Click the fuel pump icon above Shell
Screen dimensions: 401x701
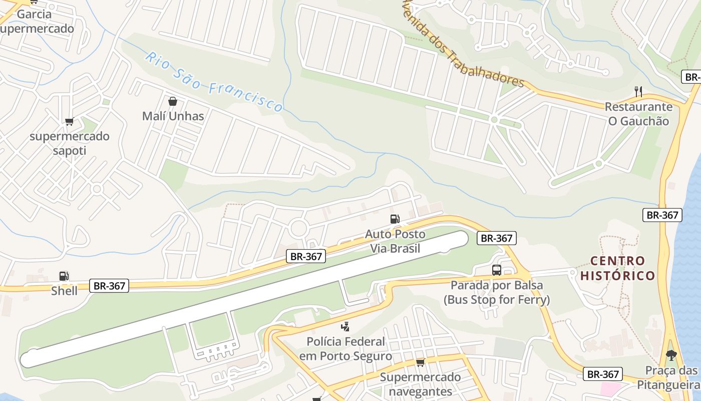click(x=64, y=276)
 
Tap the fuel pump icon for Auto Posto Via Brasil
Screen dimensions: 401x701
click(x=395, y=219)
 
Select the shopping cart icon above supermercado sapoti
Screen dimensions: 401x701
click(x=69, y=121)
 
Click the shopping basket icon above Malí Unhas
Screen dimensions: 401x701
click(x=173, y=101)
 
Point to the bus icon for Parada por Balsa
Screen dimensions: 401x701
click(x=496, y=270)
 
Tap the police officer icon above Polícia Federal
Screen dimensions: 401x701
click(x=344, y=327)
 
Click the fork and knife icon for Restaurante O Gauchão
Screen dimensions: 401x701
click(x=638, y=91)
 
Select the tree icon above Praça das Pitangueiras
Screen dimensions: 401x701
click(x=671, y=355)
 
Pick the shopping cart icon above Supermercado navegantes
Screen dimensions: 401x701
click(x=420, y=362)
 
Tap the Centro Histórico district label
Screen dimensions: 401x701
click(x=617, y=268)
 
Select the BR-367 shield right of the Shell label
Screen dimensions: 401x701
click(x=110, y=286)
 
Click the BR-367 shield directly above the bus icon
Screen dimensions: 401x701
click(x=496, y=238)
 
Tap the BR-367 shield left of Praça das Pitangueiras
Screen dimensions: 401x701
click(x=603, y=374)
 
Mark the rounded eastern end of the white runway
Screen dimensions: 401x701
click(x=459, y=239)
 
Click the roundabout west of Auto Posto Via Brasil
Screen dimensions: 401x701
click(x=299, y=229)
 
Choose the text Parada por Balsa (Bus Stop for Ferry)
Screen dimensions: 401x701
click(x=496, y=293)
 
